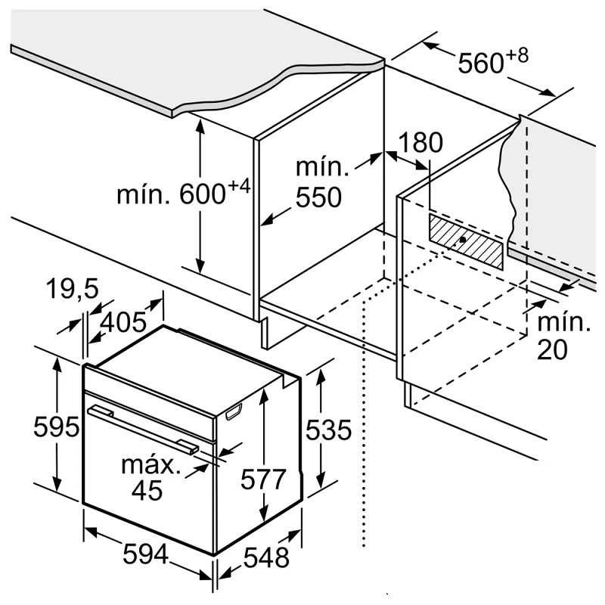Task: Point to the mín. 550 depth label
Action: point(318,182)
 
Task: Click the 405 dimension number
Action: point(123,323)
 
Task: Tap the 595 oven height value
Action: point(57,427)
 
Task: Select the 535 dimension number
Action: point(329,430)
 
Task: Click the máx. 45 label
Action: point(151,477)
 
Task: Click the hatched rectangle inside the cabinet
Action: point(465,241)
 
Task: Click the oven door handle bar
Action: point(144,428)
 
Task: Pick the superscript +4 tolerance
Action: point(238,186)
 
